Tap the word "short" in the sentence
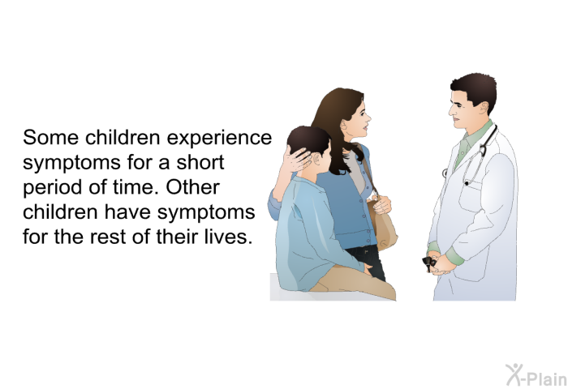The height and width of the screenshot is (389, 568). coord(200,162)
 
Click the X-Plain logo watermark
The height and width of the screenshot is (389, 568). coord(536,374)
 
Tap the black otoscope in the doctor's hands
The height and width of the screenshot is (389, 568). coord(430,263)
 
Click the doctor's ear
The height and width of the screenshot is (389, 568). coord(484,108)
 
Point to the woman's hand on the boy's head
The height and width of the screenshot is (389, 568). coord(297,159)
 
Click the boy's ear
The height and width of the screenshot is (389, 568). coord(318,159)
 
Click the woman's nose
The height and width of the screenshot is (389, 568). coord(368,118)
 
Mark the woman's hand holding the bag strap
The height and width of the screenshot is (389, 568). coord(381,204)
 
